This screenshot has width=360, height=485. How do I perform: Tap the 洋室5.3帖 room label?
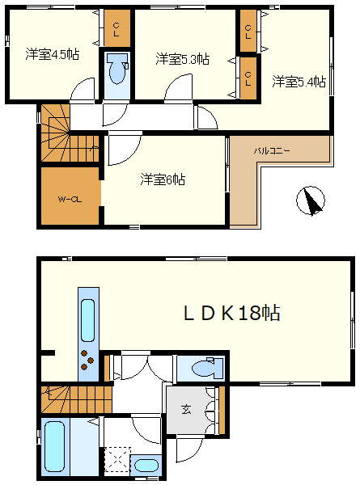[x=183, y=59]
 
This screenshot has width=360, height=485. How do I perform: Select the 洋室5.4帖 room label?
[x=299, y=82]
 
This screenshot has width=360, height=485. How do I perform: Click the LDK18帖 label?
[x=230, y=314]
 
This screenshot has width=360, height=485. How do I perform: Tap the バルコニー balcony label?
[x=272, y=150]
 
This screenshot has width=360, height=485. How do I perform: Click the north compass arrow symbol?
[x=310, y=200]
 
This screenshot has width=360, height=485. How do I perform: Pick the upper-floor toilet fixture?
[x=116, y=70]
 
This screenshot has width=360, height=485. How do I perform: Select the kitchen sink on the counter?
[x=87, y=319]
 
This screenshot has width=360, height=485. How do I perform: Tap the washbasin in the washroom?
[x=146, y=466]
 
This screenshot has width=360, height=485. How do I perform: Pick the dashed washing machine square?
[x=115, y=461]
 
